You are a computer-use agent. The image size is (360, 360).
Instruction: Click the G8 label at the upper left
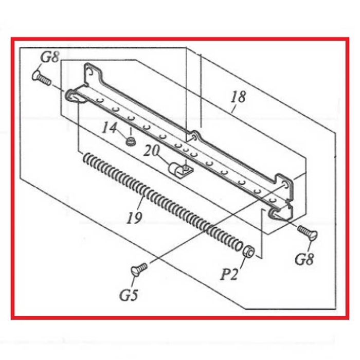(49, 57)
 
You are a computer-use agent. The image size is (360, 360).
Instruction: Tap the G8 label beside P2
(304, 259)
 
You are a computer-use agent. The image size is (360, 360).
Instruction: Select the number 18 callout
(239, 96)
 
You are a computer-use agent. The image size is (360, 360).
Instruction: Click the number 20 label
(152, 151)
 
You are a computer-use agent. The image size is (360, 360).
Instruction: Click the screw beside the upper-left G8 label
(42, 79)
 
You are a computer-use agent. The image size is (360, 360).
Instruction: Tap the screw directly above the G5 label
(139, 268)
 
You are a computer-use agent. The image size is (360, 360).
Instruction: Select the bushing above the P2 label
(247, 250)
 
